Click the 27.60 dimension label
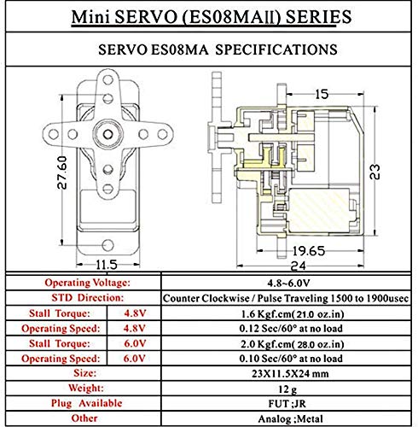tap(62, 173)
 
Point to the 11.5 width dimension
tap(107, 265)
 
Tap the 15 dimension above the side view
tap(322, 94)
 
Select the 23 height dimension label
tap(374, 172)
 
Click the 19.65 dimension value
tap(308, 251)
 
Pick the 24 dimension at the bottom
tap(299, 266)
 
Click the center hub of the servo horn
tap(107, 134)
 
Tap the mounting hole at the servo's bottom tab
tap(107, 245)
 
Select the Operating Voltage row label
tap(87, 283)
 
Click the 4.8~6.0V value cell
tap(288, 283)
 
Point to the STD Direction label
tap(88, 298)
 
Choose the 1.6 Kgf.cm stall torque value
tap(293, 313)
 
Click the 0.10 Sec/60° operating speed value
tap(291, 359)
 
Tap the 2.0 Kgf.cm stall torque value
tap(293, 344)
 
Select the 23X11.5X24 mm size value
tap(290, 373)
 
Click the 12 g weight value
tap(287, 389)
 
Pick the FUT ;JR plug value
tap(287, 404)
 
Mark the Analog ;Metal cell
tap(290, 418)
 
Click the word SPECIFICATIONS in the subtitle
tap(276, 50)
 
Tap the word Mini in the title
tap(90, 17)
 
